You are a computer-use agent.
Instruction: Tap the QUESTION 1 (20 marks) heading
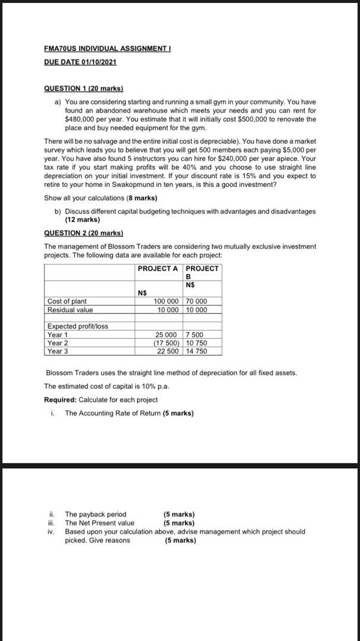click(x=84, y=88)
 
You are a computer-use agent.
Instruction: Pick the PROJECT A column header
click(x=157, y=269)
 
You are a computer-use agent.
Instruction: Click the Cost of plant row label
click(x=67, y=302)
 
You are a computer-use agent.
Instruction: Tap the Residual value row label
click(x=70, y=310)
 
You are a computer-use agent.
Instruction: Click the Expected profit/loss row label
click(x=78, y=326)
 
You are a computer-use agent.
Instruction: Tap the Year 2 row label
click(x=58, y=343)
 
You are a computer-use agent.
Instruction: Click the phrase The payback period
click(x=95, y=514)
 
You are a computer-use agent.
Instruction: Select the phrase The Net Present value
click(x=100, y=523)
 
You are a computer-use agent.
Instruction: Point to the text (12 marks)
click(x=82, y=220)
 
